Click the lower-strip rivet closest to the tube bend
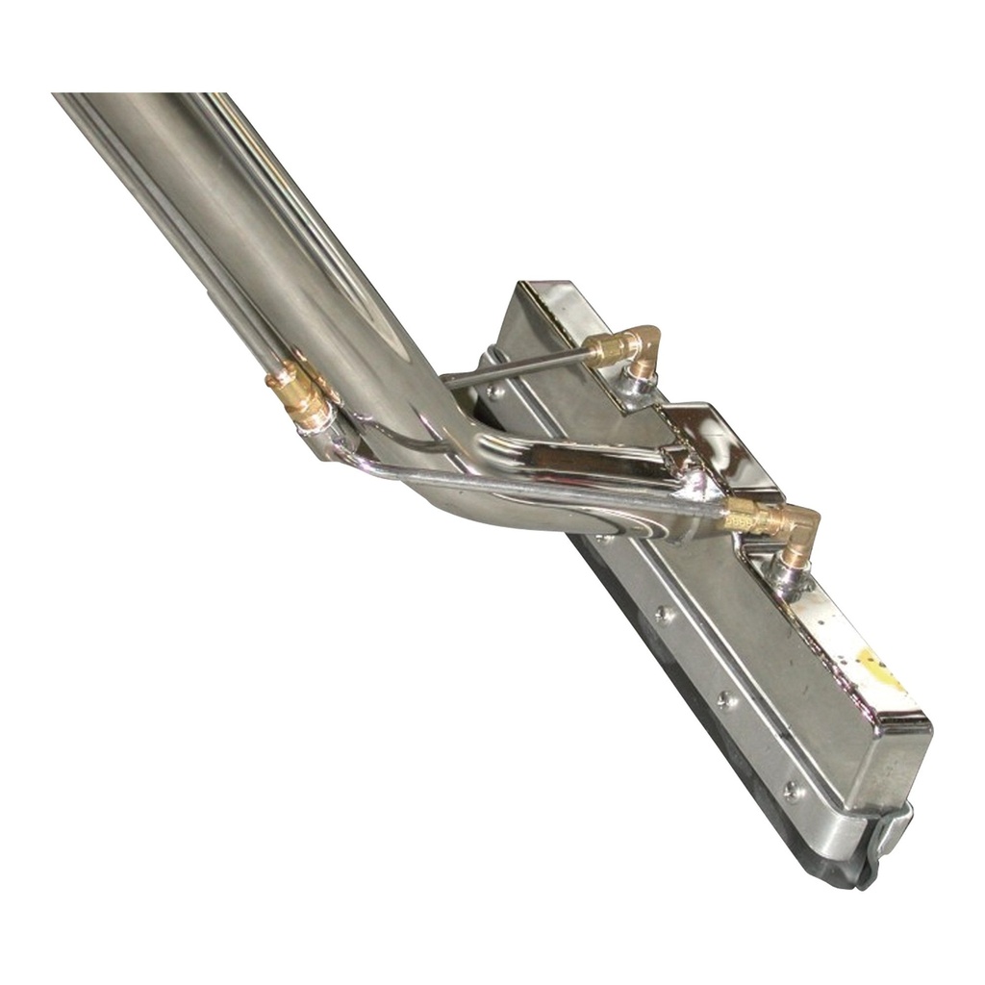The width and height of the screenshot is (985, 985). [662, 612]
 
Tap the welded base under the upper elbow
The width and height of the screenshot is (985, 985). [634, 385]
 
